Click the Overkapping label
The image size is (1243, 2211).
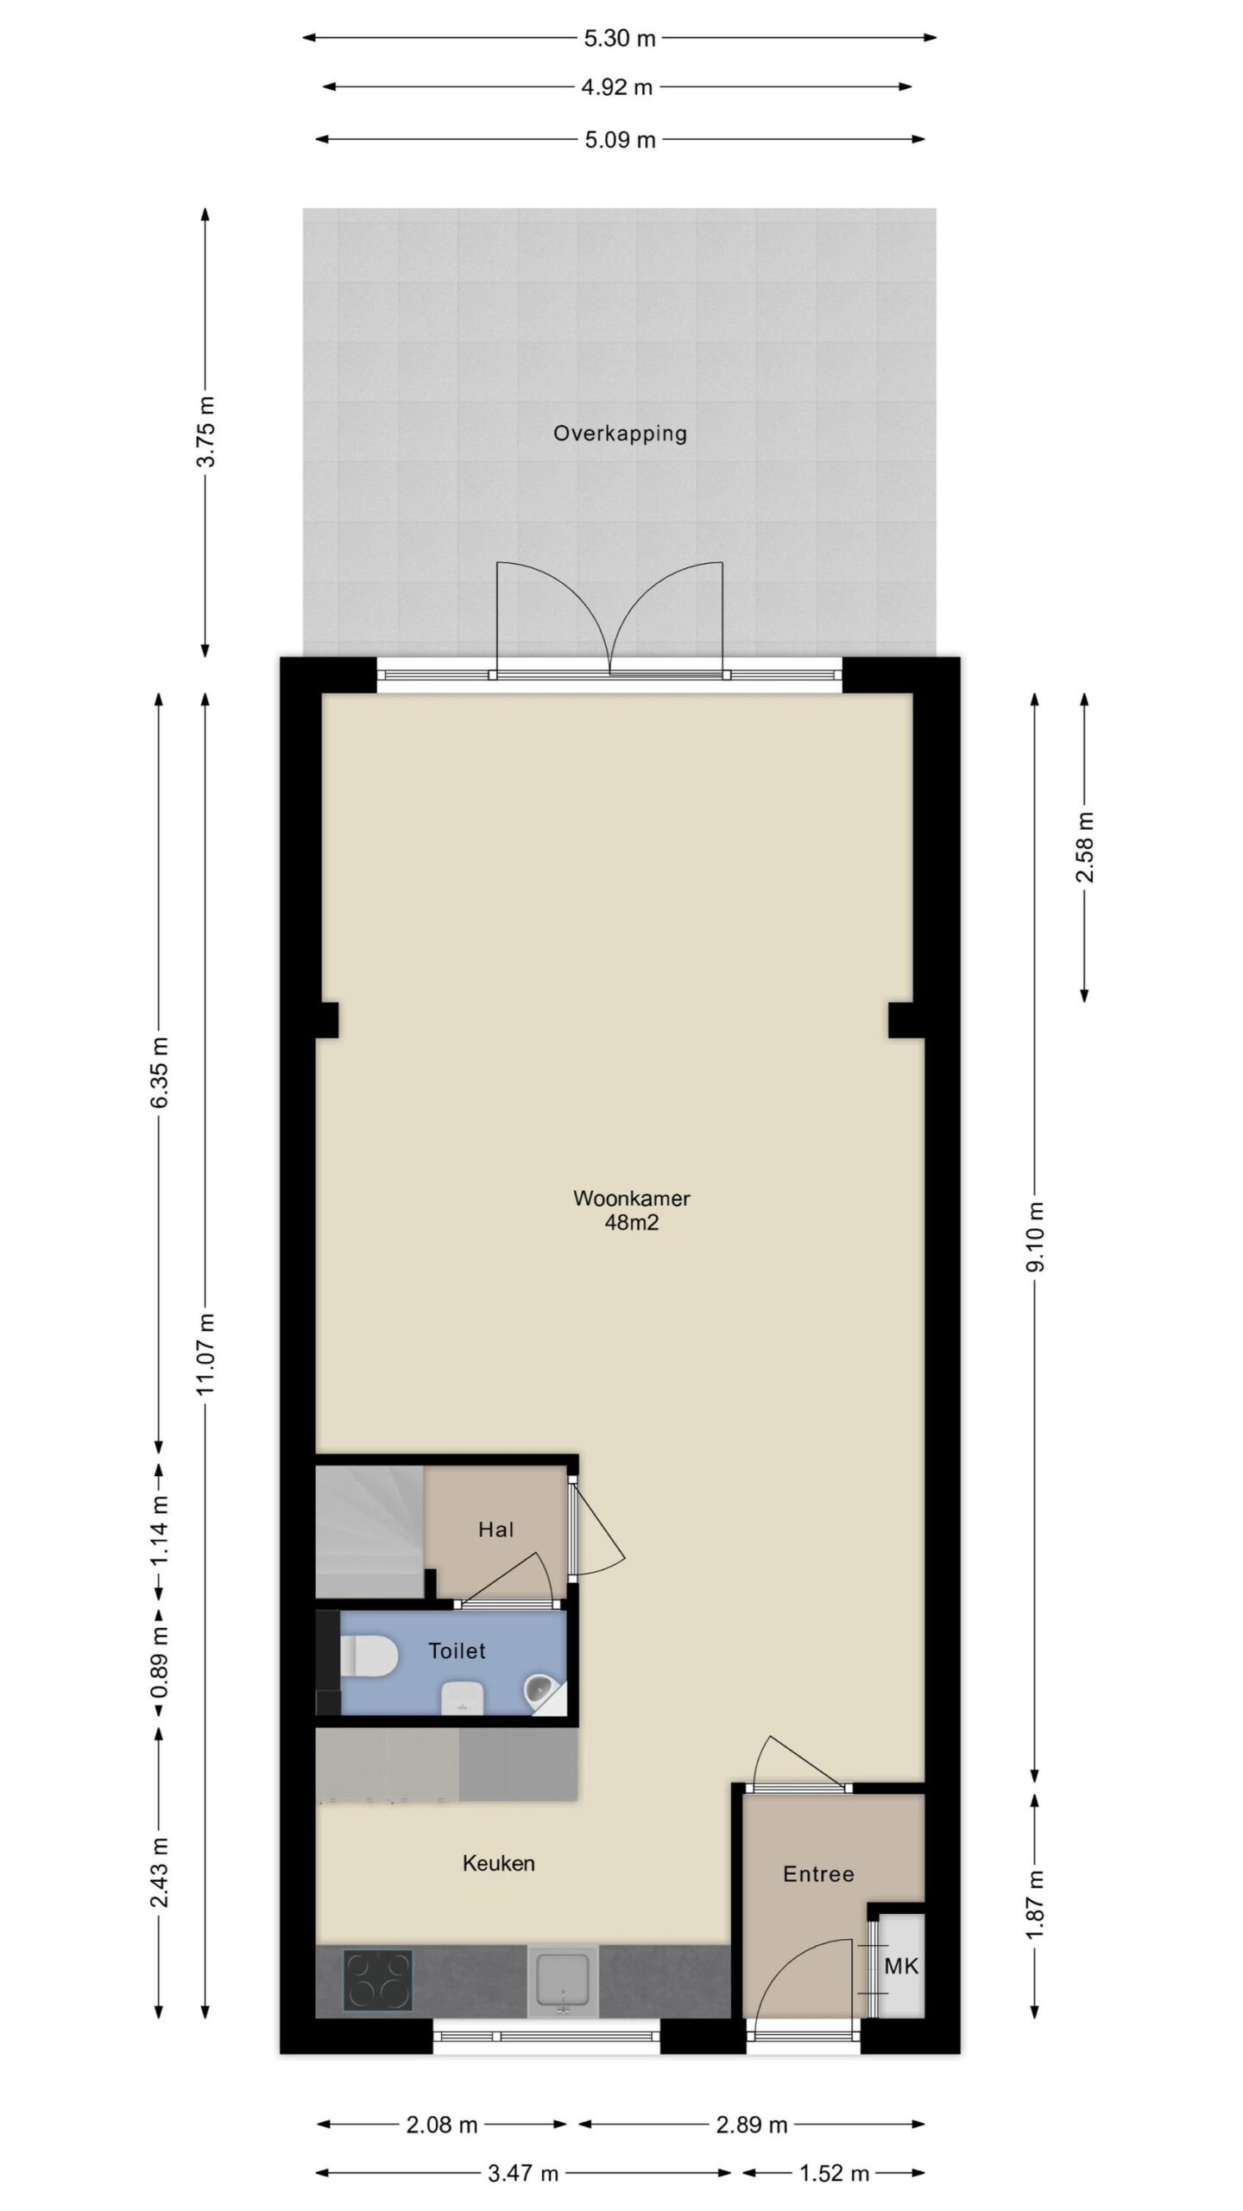click(620, 434)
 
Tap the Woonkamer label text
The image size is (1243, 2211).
click(632, 1198)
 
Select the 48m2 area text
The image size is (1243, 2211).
click(632, 1222)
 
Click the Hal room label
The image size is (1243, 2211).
click(496, 1530)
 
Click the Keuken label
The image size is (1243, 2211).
click(499, 1863)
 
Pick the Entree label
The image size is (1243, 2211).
click(818, 1873)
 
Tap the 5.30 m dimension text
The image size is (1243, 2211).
click(620, 39)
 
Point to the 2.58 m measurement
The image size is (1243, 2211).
click(1085, 846)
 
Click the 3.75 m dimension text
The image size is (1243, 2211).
click(206, 431)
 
